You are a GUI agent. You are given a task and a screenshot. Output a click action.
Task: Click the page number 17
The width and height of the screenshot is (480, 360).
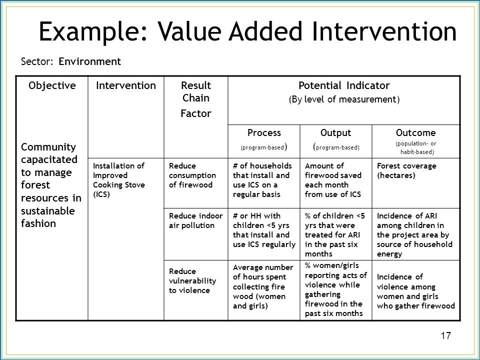[x=445, y=335]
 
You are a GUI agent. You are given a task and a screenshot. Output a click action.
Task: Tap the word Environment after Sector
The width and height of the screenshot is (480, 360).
[x=89, y=61]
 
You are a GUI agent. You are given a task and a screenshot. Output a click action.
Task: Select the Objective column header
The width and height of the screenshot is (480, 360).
[x=52, y=85]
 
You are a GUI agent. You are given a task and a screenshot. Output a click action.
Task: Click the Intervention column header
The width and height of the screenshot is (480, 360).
[x=126, y=85]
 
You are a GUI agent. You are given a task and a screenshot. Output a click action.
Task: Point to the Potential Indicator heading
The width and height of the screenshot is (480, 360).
[x=344, y=85]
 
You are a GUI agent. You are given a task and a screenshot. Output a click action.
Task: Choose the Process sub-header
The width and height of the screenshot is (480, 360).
[x=264, y=132]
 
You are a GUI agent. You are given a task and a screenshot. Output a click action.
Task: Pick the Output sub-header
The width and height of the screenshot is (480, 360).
[x=336, y=132]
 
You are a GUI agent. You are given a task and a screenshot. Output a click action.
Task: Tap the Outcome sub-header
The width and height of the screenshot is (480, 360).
[x=415, y=132]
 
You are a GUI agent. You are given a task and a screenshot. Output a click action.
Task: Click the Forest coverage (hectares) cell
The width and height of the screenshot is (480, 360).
[x=406, y=170]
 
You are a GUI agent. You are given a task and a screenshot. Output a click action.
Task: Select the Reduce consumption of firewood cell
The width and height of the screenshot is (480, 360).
[x=192, y=175]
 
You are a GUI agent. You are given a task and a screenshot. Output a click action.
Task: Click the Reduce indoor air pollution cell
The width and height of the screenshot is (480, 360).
[x=195, y=220]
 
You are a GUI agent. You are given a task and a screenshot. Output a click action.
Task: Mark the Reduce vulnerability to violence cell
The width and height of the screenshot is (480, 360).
[x=192, y=280]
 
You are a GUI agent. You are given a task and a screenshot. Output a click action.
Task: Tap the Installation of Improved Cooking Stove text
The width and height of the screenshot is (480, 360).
[x=119, y=180]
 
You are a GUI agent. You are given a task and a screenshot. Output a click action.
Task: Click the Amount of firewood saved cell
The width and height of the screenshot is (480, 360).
[x=333, y=180]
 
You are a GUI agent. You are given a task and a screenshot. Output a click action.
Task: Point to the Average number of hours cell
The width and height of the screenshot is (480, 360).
[x=263, y=286]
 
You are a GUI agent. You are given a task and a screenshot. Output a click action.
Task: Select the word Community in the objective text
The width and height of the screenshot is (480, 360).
[x=48, y=147]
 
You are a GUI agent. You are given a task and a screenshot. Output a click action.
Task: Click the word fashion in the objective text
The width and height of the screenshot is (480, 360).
[x=38, y=223]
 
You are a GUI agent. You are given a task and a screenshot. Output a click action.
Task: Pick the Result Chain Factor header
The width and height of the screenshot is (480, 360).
[x=196, y=99]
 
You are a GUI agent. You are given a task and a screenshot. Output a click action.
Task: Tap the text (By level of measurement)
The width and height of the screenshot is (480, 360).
[x=344, y=99]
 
